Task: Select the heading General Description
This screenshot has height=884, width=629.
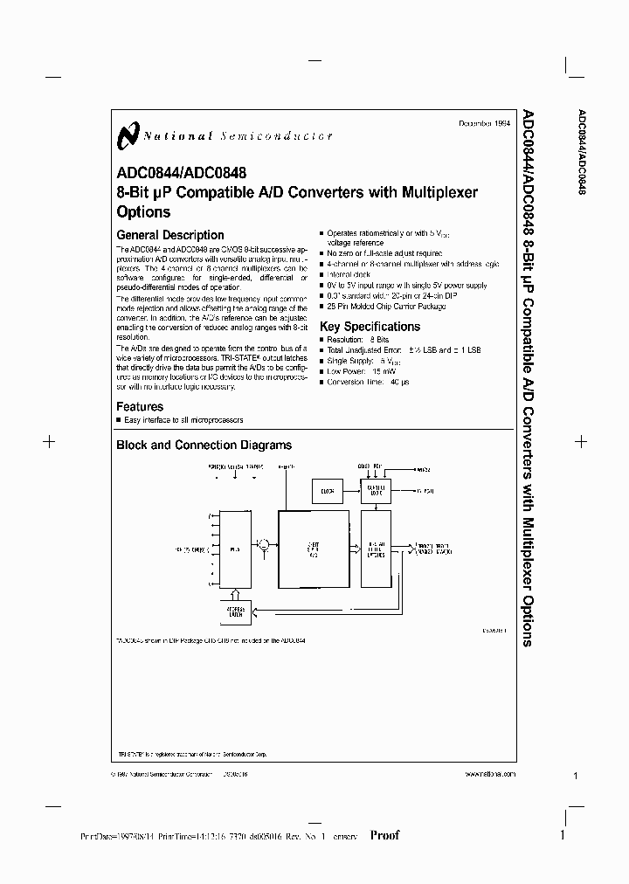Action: (x=169, y=235)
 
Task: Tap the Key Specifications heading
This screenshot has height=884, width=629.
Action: (x=370, y=327)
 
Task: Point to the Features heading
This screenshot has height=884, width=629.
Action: (x=140, y=406)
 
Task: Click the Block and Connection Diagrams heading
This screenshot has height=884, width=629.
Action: (x=204, y=445)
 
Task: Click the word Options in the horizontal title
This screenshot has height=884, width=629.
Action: (x=143, y=212)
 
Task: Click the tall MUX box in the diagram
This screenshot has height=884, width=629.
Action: (x=235, y=550)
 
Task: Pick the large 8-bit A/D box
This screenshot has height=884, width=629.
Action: (x=312, y=550)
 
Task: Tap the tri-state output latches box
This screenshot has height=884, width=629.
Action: (x=377, y=550)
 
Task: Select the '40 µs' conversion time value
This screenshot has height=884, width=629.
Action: (x=400, y=382)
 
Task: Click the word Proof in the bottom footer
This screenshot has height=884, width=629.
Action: (x=384, y=835)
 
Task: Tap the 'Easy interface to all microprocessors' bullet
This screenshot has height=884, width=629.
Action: (x=189, y=420)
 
